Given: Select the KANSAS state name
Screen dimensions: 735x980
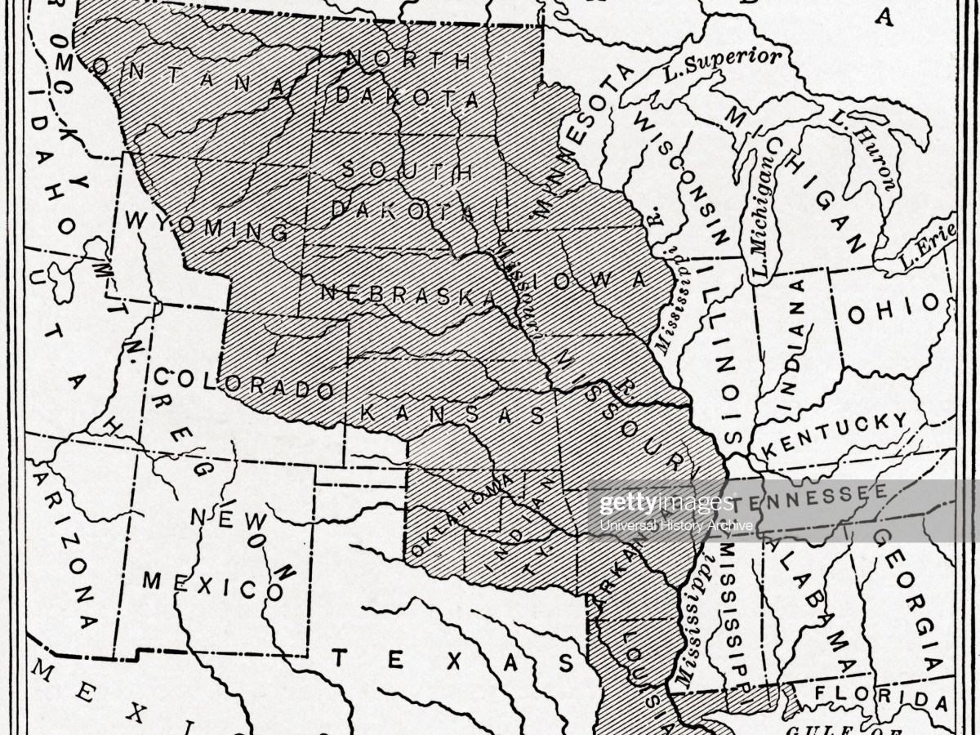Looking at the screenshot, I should pos(452,412).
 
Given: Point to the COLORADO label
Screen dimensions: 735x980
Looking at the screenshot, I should pos(243,383).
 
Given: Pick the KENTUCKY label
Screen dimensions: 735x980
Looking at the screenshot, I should pos(834,434).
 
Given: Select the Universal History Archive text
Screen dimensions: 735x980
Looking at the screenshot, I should pos(675,525).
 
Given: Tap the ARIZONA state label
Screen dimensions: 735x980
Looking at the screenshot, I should pos(70,555).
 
